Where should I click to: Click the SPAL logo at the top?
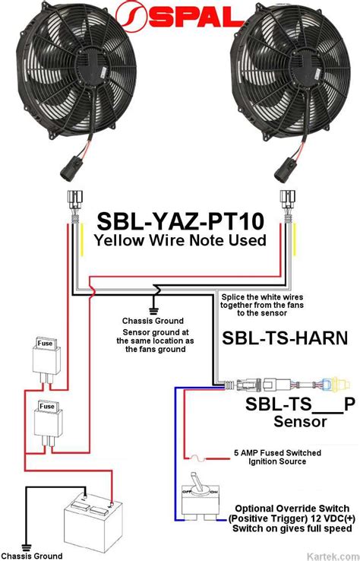(x=179, y=17)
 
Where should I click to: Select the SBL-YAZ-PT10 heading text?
(x=179, y=221)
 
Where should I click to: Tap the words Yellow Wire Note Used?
(x=179, y=240)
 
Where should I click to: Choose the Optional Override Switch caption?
(x=292, y=508)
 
